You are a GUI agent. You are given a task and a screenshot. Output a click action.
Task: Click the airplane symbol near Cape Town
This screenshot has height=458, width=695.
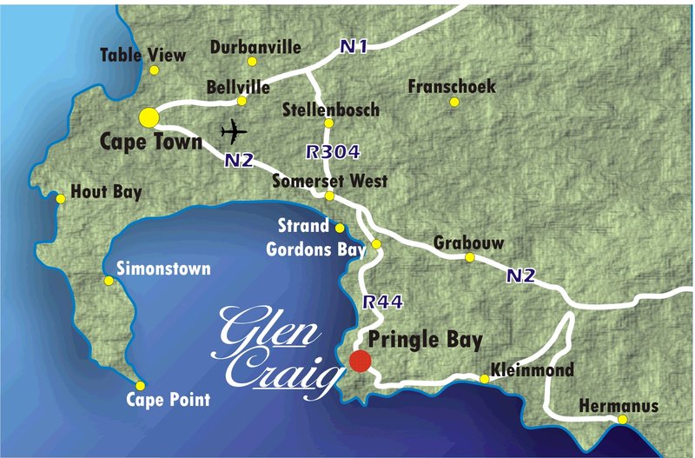tap(234, 132)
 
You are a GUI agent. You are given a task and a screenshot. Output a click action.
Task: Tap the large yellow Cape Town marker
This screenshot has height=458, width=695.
tap(149, 117)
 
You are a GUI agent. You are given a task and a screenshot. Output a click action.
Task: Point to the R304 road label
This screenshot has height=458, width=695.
tap(333, 151)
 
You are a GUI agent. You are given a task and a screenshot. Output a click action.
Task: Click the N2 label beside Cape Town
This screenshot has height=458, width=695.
tap(238, 160)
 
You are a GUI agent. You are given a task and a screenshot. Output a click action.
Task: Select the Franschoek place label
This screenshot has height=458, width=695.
tap(451, 87)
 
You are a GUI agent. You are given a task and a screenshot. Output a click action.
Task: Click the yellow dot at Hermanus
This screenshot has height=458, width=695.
tap(623, 421)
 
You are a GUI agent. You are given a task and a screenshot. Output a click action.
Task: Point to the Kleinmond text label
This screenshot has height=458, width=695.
tap(533, 370)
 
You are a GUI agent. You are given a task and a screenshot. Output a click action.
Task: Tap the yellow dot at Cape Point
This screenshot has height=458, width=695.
tap(140, 386)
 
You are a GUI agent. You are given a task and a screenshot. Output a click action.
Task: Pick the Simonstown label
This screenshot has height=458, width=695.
tap(163, 269)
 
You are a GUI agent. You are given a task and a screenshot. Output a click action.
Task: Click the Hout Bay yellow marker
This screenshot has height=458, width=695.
tap(61, 199)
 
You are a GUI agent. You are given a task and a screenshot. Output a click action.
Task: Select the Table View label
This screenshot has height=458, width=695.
tap(142, 55)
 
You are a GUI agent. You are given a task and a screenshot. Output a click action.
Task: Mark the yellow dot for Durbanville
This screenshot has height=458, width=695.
tap(252, 62)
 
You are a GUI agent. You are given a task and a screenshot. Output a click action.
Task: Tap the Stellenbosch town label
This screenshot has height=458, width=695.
tap(331, 110)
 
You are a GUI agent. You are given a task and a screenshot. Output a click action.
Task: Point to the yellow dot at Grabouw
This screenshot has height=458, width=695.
tap(470, 257)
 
